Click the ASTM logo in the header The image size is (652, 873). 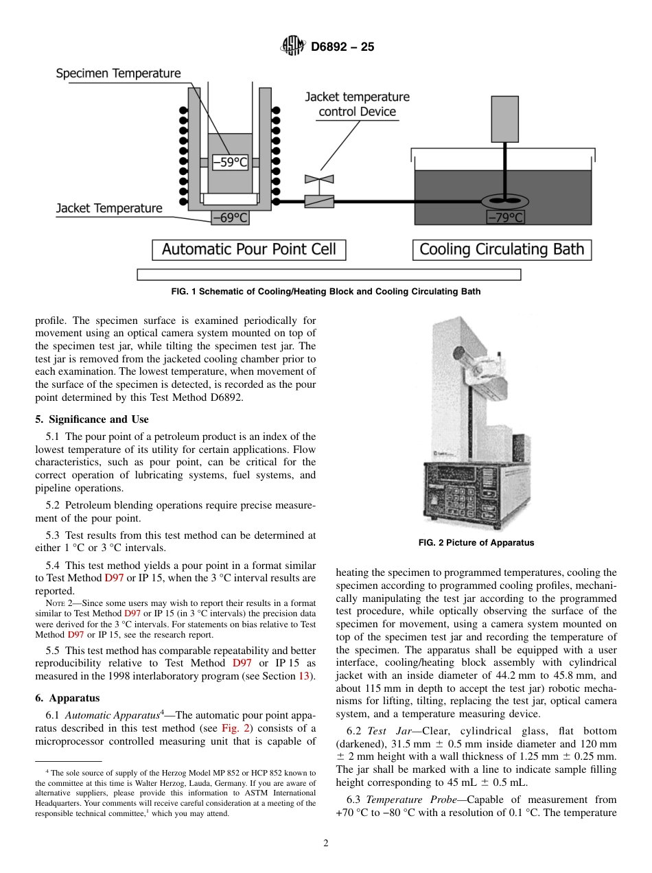pos(294,47)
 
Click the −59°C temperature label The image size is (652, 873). pos(229,163)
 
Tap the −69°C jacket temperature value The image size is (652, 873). pos(229,218)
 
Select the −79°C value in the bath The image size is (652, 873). pos(505,218)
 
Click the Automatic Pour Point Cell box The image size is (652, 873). pos(248,249)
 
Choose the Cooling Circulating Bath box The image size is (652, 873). pos(502,249)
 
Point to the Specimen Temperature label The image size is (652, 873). pos(118,73)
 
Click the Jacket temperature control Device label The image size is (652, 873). pos(357,104)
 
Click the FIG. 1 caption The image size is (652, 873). pos(325,292)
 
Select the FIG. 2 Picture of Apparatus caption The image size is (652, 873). pos(476,543)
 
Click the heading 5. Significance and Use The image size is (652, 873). pos(92,419)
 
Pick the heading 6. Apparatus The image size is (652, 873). pos(67,698)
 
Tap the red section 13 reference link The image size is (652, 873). pos(304,676)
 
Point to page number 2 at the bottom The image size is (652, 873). pos(326,843)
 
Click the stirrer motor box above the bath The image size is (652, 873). pos(504,119)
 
